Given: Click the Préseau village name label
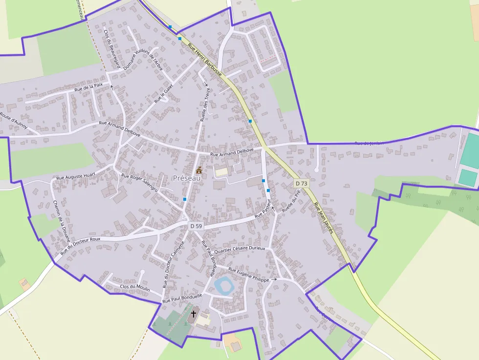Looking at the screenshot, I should pyautogui.click(x=187, y=179).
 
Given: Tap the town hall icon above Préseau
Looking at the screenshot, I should pyautogui.click(x=199, y=170).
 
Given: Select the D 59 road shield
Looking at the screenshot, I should pyautogui.click(x=196, y=226).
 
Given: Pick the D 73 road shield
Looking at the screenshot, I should pyautogui.click(x=302, y=184).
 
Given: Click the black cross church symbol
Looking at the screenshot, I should pyautogui.click(x=194, y=314).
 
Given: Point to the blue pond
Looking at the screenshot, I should pyautogui.click(x=224, y=285).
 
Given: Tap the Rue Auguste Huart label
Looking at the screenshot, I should pyautogui.click(x=76, y=175).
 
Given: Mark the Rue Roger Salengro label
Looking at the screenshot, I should pyautogui.click(x=139, y=183).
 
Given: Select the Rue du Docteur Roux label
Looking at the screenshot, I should pyautogui.click(x=81, y=246).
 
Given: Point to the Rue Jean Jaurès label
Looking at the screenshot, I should pyautogui.click(x=324, y=218).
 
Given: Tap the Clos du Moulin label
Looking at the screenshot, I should pyautogui.click(x=135, y=288).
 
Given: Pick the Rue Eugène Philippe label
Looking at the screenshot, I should pyautogui.click(x=249, y=275).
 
